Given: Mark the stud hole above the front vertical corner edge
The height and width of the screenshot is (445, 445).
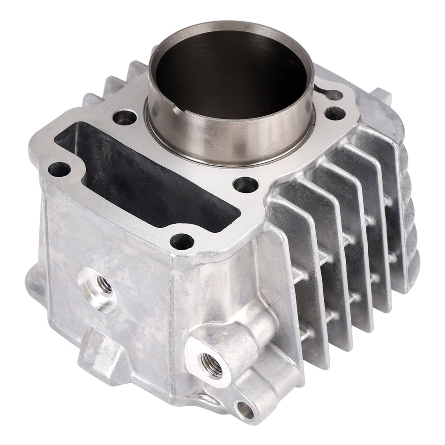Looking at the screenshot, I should pyautogui.click(x=182, y=242).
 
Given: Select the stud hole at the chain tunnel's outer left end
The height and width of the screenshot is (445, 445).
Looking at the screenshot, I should pyautogui.click(x=59, y=169).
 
